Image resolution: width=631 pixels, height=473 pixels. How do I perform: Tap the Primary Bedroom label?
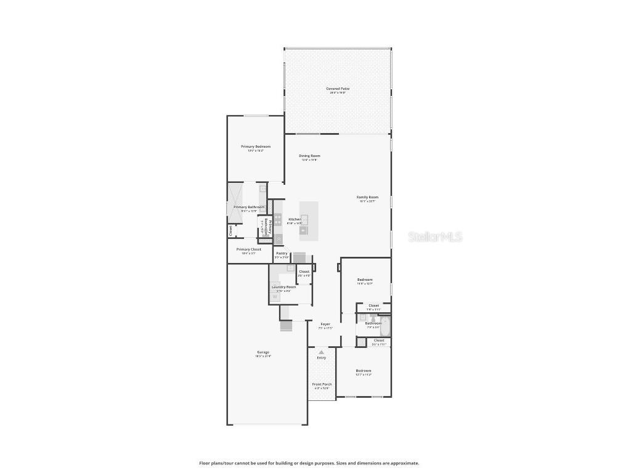255,147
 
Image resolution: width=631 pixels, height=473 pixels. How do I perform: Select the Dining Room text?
309,156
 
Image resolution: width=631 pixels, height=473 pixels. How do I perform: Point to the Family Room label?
367,197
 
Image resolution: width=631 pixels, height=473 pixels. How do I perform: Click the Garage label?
263,352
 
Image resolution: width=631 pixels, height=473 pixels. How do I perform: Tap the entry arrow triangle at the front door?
321,352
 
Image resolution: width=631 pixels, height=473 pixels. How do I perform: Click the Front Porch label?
322,384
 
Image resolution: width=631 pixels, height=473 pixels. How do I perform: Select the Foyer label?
325,324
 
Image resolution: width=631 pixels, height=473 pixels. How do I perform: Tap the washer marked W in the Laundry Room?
275,297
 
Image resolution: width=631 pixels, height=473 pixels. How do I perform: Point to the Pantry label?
282,253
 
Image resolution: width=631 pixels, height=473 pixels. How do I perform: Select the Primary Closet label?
248,249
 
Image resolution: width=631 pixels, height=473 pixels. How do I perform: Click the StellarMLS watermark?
435,236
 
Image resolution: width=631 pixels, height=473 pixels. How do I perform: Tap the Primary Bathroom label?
249,207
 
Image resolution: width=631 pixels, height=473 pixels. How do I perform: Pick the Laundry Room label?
283,286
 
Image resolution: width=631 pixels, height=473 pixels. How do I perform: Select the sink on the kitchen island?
304,219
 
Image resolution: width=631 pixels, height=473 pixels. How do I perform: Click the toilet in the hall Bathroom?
373,319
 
